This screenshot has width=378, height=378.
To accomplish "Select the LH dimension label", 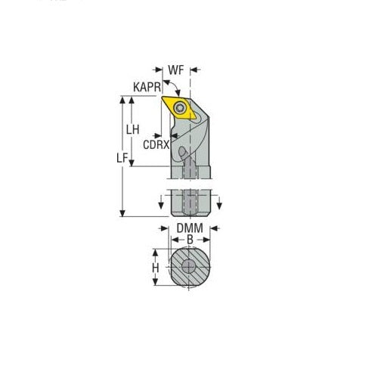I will click(134, 129).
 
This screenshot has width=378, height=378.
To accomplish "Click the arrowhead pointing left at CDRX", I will click(175, 136).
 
